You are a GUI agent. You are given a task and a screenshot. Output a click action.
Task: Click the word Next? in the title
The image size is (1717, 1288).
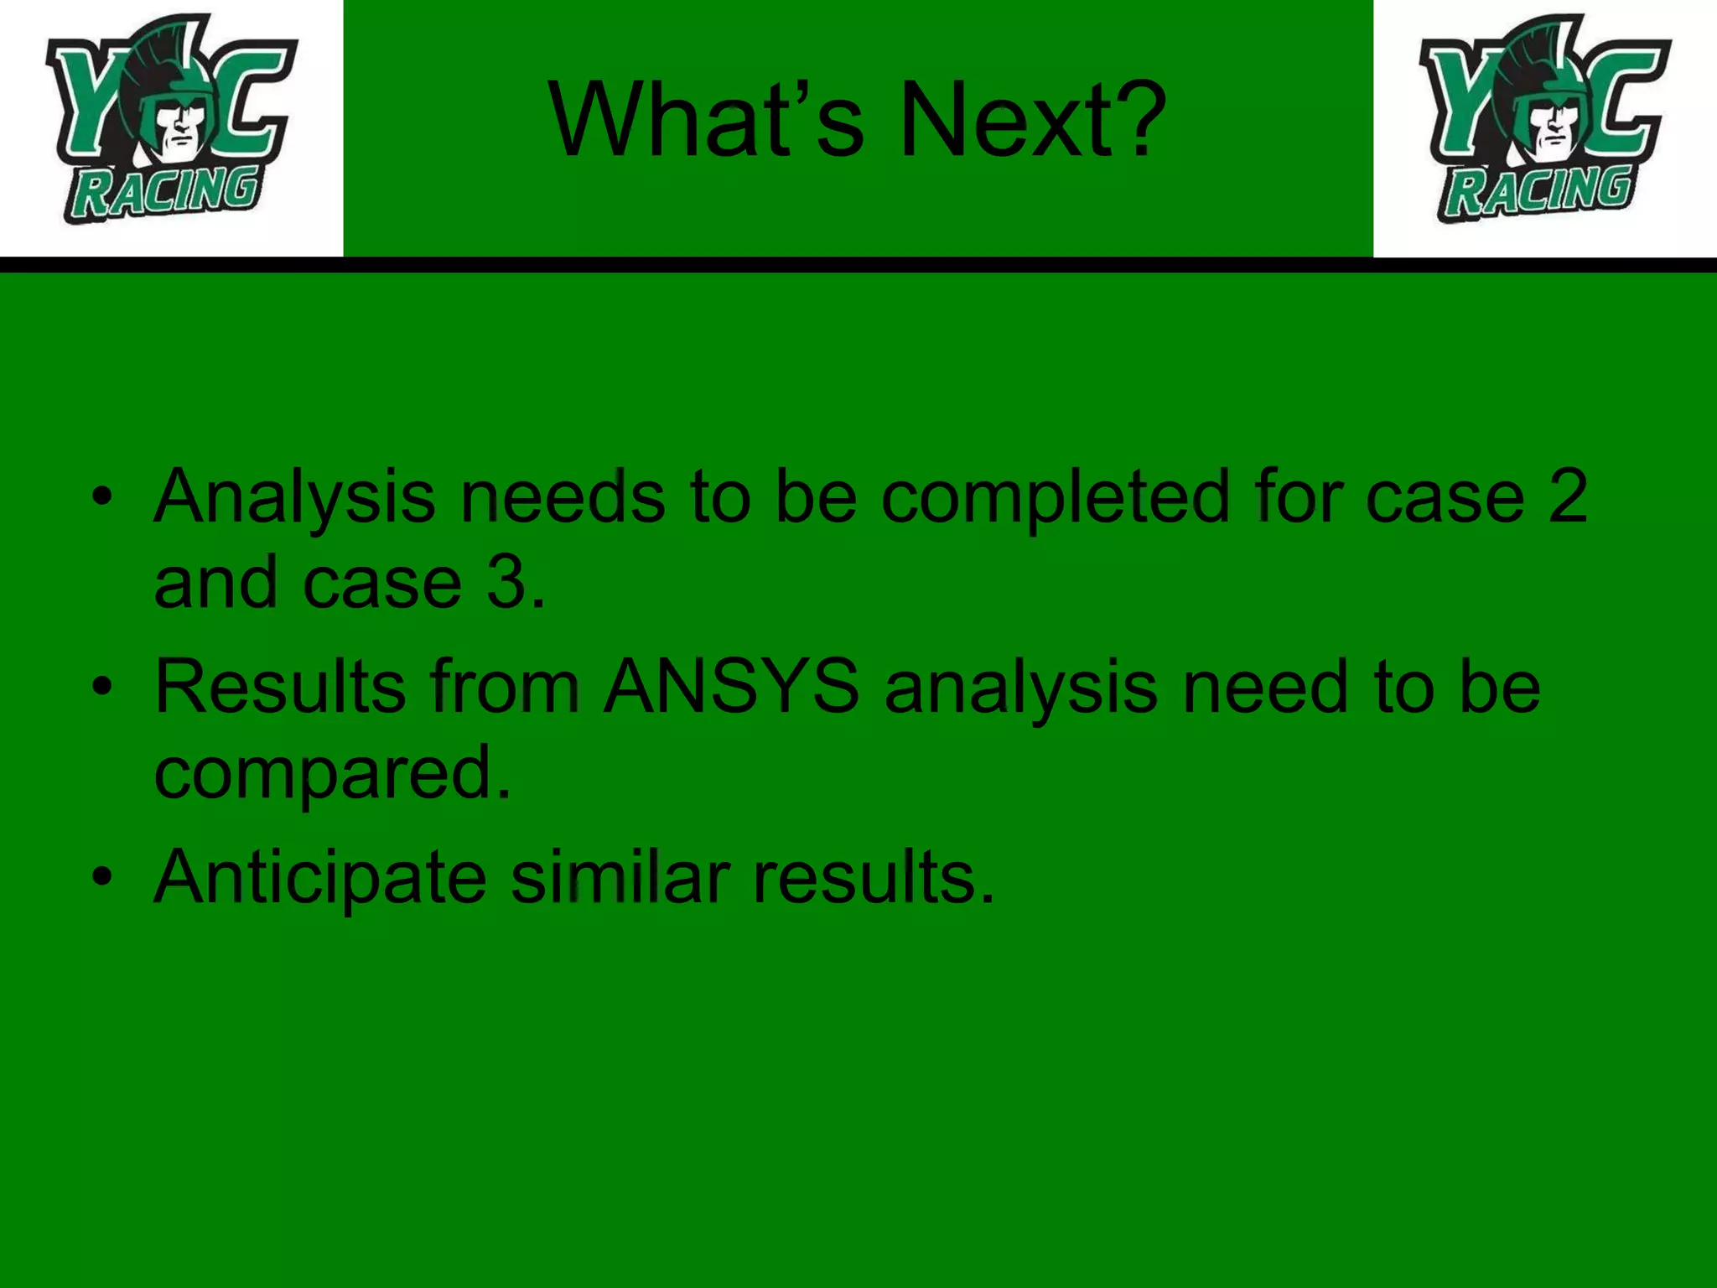pyautogui.click(x=1033, y=119)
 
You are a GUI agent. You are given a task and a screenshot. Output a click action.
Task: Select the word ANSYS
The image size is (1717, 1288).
pyautogui.click(x=731, y=688)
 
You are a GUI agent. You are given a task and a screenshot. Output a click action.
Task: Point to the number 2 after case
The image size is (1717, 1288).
pyautogui.click(x=1567, y=497)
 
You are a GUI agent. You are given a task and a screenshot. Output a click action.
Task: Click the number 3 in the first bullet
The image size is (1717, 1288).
pyautogui.click(x=507, y=583)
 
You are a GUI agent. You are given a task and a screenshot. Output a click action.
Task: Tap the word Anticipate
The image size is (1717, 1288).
pyautogui.click(x=320, y=880)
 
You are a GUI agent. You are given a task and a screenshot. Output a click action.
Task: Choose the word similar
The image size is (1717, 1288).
pyautogui.click(x=620, y=878)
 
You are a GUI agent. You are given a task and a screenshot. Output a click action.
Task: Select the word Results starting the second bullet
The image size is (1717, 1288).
pyautogui.click(x=280, y=688)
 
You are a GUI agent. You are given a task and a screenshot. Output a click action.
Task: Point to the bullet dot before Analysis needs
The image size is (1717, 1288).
pyautogui.click(x=102, y=497)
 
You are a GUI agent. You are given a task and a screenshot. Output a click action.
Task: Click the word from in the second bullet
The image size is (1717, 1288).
pyautogui.click(x=506, y=688)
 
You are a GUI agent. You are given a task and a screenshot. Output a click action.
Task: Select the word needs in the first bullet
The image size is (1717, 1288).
pyautogui.click(x=563, y=497)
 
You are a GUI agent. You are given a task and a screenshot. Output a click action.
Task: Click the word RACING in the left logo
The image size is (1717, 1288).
pyautogui.click(x=164, y=192)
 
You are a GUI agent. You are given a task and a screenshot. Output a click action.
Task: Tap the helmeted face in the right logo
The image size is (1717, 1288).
pyautogui.click(x=1556, y=126)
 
